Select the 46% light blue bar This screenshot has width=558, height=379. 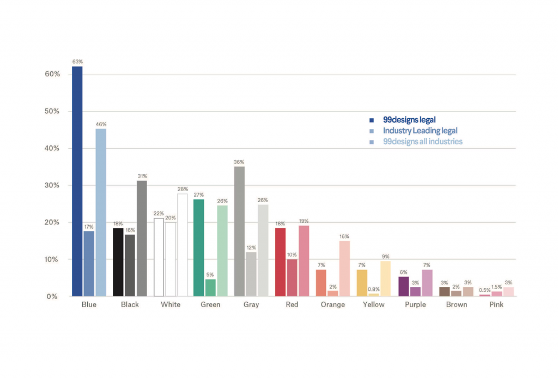click(x=101, y=212)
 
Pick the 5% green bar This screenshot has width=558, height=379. click(x=210, y=288)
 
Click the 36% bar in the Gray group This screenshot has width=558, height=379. click(x=239, y=231)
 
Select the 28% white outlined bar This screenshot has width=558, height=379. click(x=183, y=245)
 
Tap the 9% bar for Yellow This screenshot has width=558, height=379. click(x=386, y=279)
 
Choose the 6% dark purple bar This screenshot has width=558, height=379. click(x=403, y=286)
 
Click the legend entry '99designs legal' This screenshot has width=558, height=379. click(x=409, y=120)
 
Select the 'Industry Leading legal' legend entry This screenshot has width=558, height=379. click(x=420, y=131)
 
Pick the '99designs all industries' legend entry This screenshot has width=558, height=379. click(x=422, y=142)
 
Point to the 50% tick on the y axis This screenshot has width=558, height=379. click(x=52, y=111)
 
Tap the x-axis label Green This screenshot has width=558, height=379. click(x=210, y=304)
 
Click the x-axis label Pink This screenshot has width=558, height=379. click(x=496, y=304)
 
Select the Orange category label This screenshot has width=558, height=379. click(x=333, y=304)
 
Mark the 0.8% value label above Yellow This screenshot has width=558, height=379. click(x=374, y=289)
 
